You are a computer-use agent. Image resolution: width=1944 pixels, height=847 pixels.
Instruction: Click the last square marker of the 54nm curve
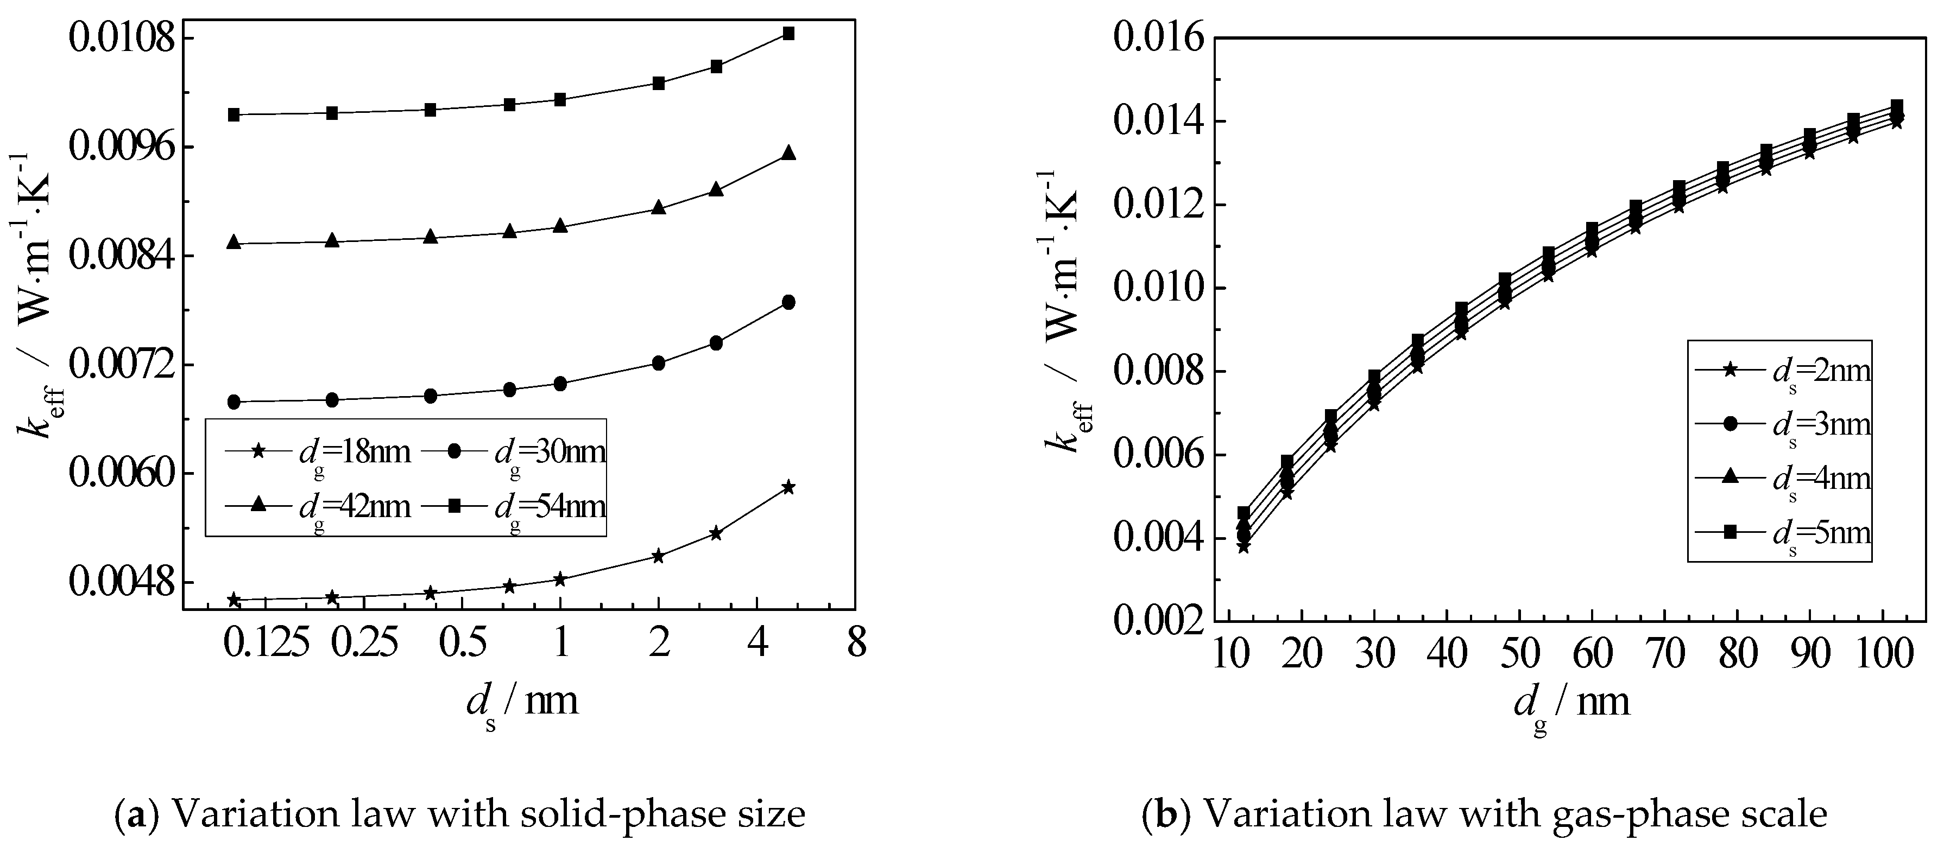(788, 33)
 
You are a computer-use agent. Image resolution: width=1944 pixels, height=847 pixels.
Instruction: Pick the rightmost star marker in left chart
(788, 487)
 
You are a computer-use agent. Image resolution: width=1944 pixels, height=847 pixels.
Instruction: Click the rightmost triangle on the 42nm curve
(788, 153)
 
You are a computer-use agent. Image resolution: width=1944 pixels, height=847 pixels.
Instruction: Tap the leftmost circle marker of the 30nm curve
(234, 402)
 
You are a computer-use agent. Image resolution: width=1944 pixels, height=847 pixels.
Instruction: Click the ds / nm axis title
(522, 703)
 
